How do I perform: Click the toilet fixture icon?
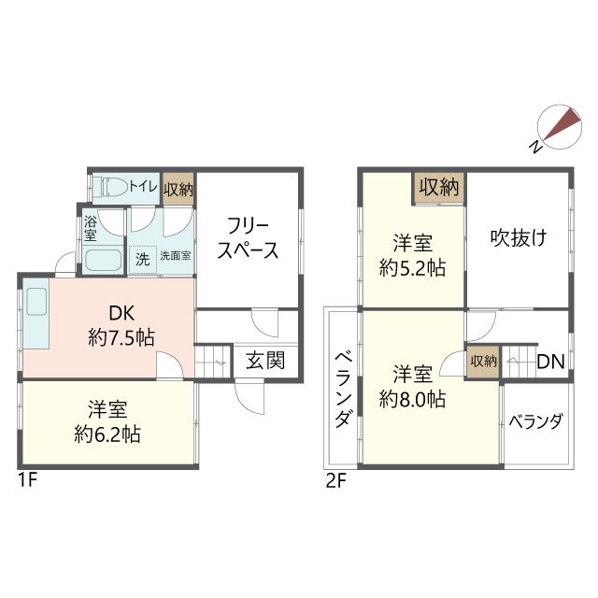coord(111,185)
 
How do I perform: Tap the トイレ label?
coord(142,186)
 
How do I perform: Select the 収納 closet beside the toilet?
coord(178,188)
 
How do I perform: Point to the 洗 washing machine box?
coord(142,257)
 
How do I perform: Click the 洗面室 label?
coord(175,256)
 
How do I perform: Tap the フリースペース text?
coord(250,238)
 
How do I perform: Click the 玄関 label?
coord(265,361)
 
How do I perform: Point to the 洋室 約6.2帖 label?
coord(108,421)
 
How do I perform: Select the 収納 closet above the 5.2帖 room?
coord(440,187)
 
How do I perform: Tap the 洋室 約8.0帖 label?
coord(412,386)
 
